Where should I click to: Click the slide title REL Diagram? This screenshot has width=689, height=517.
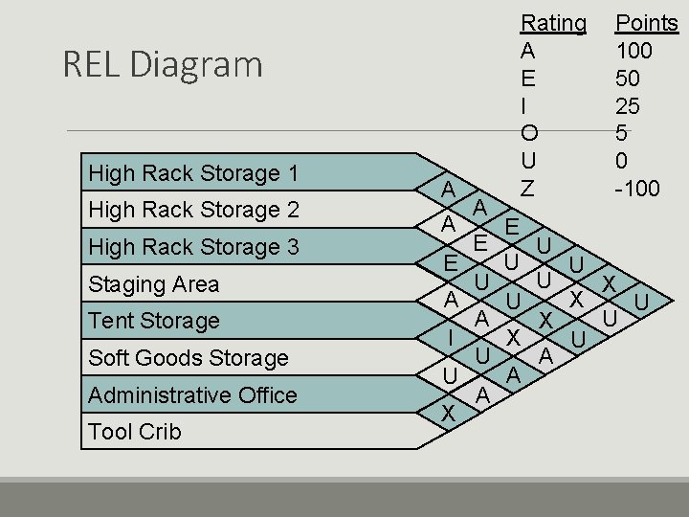pos(162,64)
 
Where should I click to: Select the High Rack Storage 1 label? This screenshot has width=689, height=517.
pos(193,173)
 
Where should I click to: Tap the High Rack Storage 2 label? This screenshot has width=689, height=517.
pos(193,210)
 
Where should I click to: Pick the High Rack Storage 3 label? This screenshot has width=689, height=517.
pos(193,247)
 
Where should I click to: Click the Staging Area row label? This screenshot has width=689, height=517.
pos(153,284)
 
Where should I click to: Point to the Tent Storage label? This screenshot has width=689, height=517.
pos(153,321)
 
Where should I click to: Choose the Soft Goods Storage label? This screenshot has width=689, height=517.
pos(188,358)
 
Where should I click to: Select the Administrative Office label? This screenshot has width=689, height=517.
pos(192,394)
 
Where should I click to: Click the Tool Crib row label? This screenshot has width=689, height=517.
pos(134,432)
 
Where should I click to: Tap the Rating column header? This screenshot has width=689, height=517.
pos(553,22)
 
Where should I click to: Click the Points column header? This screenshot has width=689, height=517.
pos(646,22)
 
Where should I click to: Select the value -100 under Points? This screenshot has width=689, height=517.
pos(636,189)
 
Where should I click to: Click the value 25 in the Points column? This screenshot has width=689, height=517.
pos(628,105)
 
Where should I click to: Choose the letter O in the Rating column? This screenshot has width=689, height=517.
pos(530,133)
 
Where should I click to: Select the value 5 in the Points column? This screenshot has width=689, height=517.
pos(622,133)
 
